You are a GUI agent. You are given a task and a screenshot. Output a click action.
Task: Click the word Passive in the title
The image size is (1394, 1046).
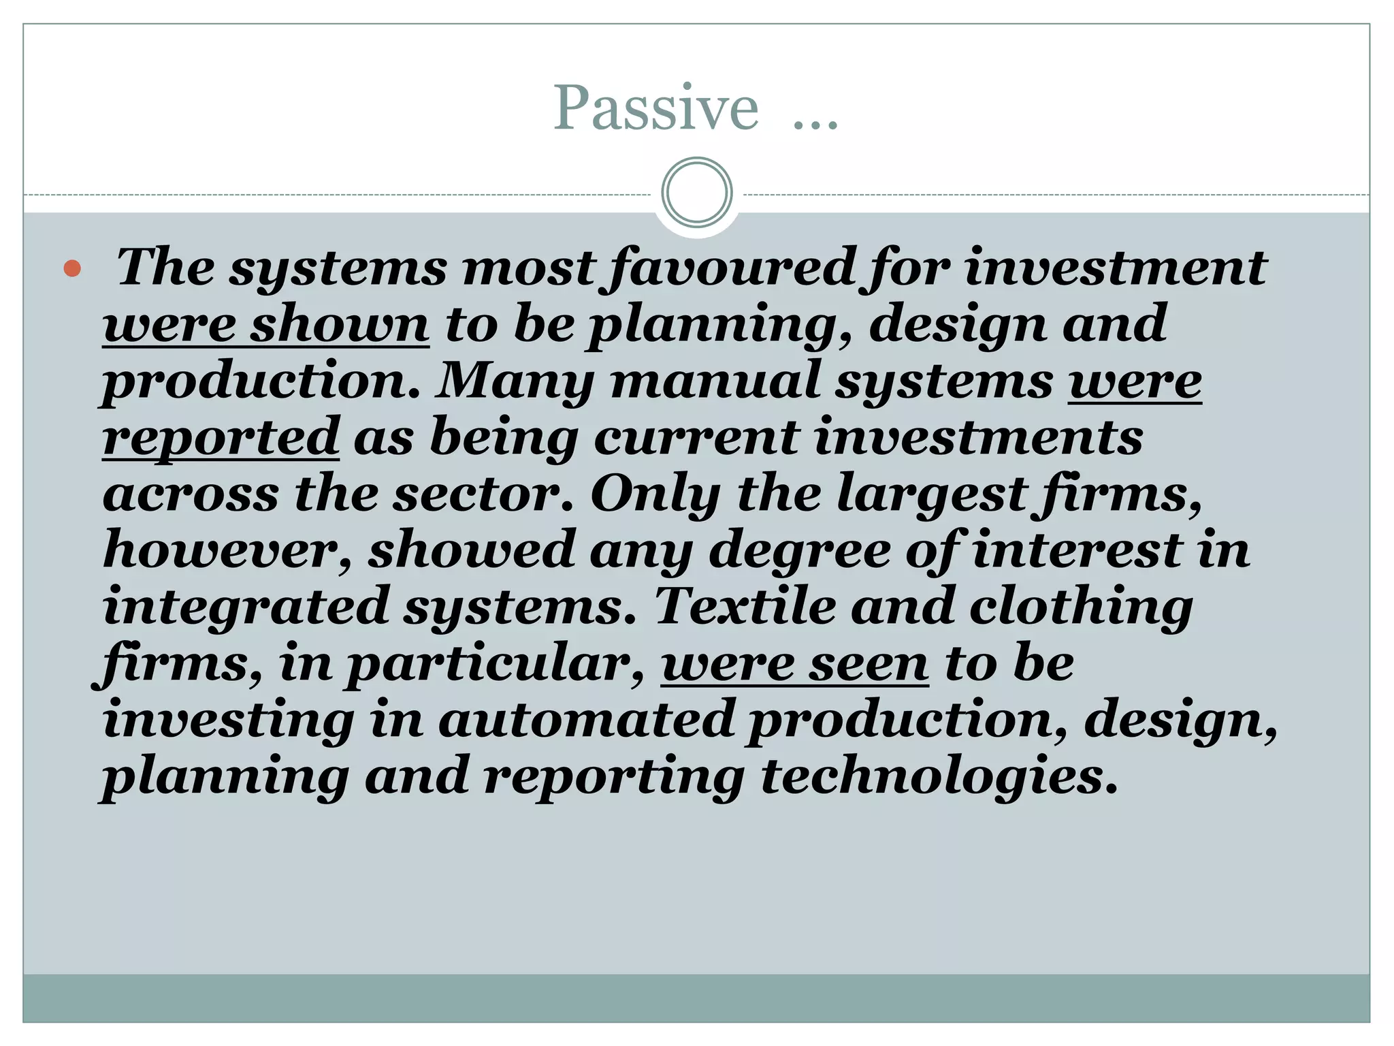(x=655, y=108)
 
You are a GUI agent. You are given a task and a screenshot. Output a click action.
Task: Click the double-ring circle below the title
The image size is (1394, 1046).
(x=696, y=193)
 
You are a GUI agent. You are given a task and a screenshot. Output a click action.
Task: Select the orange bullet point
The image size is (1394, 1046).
(x=72, y=268)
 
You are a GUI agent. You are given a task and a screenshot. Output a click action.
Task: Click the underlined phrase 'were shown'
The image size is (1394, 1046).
(x=265, y=324)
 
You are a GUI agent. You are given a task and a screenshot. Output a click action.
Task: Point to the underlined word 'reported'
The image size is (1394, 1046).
(x=221, y=437)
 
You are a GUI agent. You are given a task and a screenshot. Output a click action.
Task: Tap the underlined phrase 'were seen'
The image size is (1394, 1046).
(x=794, y=663)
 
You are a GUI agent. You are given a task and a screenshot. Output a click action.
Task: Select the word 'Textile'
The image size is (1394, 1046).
(x=745, y=606)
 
